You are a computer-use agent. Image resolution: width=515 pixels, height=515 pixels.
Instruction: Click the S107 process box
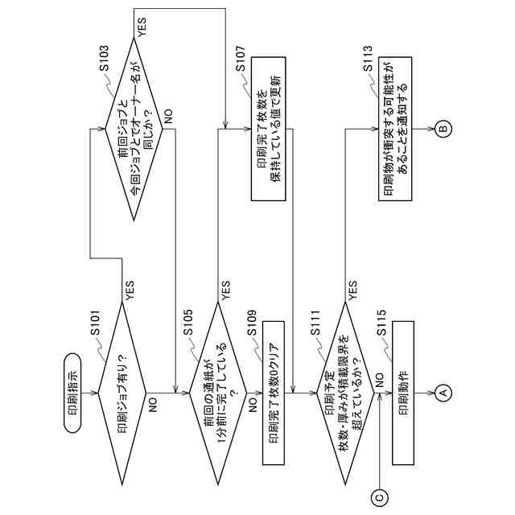point(274,132)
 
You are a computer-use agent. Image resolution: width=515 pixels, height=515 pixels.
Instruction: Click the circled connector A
point(441,393)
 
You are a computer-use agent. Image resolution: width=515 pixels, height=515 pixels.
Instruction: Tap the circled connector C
point(381,497)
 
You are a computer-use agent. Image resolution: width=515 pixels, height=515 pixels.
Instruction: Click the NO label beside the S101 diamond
point(150,400)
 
